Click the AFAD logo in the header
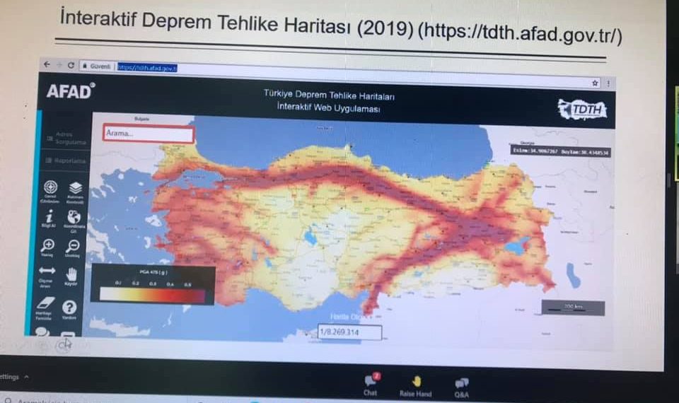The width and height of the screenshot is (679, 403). coord(69,91)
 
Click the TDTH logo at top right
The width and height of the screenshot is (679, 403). coord(581,109)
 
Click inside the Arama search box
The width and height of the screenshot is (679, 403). coord(148,134)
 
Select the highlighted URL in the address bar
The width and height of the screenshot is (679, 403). coord(146,68)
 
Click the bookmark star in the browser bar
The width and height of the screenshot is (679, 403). coord(595,82)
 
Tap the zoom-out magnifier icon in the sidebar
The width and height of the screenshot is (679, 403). coord(74,245)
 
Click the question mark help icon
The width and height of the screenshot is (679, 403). coord(69,307)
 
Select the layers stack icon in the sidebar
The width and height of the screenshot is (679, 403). coord(76,187)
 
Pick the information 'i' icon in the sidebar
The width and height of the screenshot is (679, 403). coord(49,216)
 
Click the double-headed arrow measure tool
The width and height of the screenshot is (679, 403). coord(47,271)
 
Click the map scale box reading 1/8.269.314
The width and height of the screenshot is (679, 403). coord(349,332)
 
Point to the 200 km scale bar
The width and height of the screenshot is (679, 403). coord(573,308)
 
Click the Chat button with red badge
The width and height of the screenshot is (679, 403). coord(371,382)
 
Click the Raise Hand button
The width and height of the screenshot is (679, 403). coord(416,382)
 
